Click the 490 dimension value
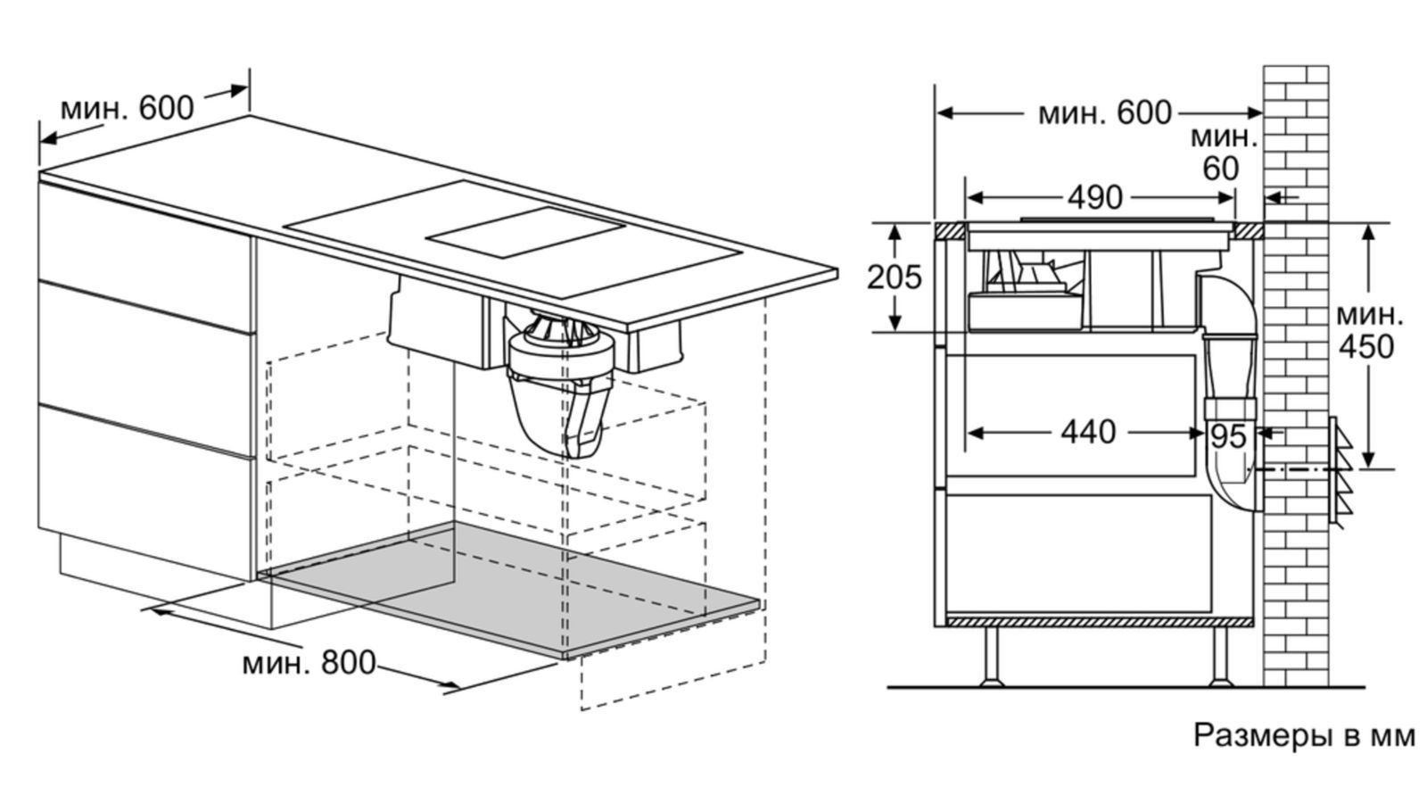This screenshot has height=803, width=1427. point(1094,197)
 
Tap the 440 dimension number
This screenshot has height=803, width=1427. point(1087,433)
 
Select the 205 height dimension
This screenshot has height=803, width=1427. point(894,277)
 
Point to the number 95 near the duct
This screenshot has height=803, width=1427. point(1228,436)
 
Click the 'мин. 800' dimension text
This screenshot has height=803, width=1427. point(309,663)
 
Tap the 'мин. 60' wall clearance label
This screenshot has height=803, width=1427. point(1222,153)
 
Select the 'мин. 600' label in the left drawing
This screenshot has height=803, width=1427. point(127,108)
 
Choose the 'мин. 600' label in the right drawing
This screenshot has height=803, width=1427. point(1104,113)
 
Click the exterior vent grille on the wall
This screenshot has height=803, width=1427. point(1340,470)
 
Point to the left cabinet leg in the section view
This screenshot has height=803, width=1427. point(991,656)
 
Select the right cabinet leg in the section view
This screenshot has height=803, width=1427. point(1219,656)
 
